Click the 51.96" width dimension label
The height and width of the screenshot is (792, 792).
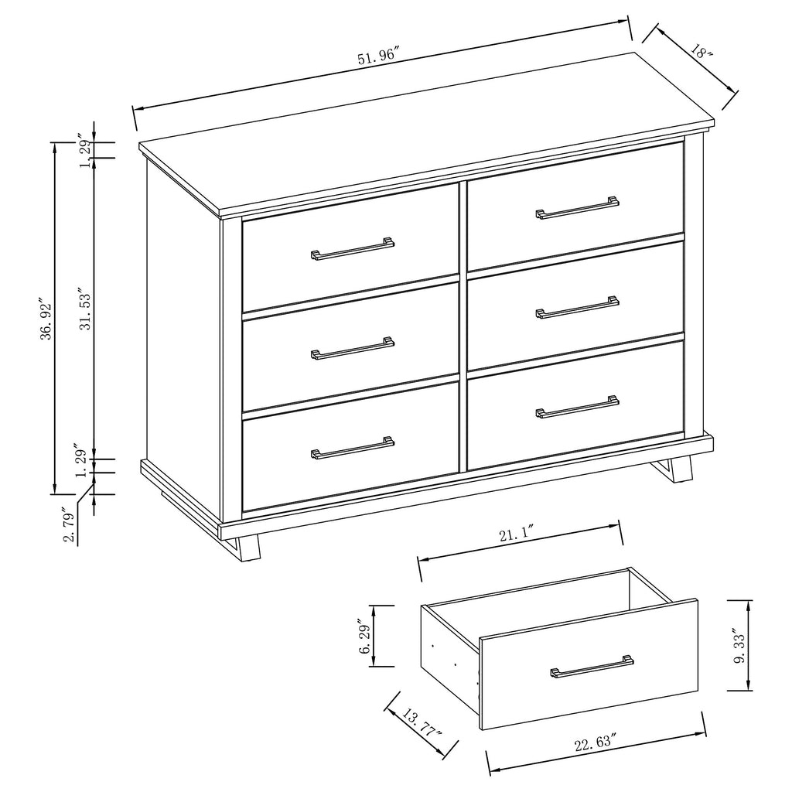click(x=378, y=56)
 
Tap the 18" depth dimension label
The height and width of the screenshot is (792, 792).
click(x=702, y=51)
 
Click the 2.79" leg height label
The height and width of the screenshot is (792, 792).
click(x=70, y=526)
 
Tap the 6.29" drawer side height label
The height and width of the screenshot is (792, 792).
click(x=364, y=636)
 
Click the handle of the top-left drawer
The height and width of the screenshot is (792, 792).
click(x=353, y=249)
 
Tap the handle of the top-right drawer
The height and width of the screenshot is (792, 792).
click(x=577, y=208)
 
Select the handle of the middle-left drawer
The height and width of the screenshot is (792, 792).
click(x=353, y=349)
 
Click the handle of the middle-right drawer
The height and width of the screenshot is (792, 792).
click(x=577, y=308)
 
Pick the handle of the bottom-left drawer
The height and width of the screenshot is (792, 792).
click(x=353, y=449)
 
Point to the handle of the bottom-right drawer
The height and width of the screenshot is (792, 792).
click(x=577, y=408)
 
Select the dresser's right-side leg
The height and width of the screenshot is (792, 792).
click(x=678, y=469)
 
